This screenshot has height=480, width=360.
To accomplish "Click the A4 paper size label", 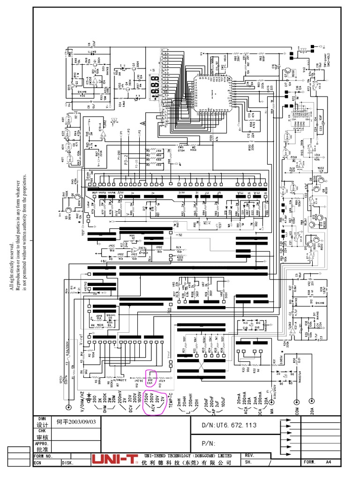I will coord(329,462).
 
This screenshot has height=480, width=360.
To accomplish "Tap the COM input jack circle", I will coord(296,402).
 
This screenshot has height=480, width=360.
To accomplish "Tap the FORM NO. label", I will coord(44,456).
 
